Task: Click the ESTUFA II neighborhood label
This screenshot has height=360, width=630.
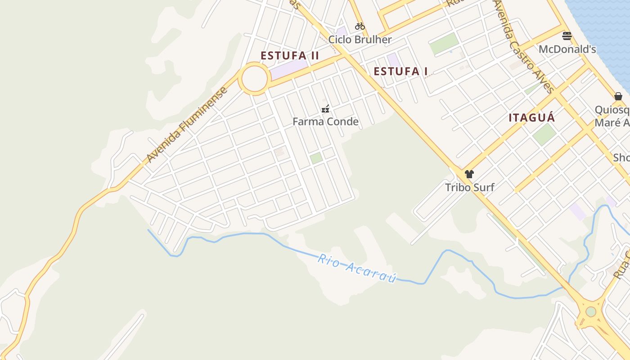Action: pyautogui.click(x=290, y=56)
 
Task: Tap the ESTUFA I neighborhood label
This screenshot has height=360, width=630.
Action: pyautogui.click(x=400, y=72)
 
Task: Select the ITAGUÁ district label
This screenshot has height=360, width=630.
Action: pyautogui.click(x=531, y=118)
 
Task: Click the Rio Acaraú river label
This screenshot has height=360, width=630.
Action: pyautogui.click(x=357, y=268)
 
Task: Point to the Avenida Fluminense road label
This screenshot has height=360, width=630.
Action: pyautogui.click(x=187, y=126)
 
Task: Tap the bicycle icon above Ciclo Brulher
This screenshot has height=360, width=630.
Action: pyautogui.click(x=360, y=26)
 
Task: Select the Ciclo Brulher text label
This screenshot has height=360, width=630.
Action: pyautogui.click(x=360, y=40)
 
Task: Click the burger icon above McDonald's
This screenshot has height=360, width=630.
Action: pyautogui.click(x=567, y=36)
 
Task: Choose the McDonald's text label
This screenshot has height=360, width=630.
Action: pyautogui.click(x=567, y=49)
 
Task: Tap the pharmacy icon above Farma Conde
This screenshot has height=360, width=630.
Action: pyautogui.click(x=325, y=108)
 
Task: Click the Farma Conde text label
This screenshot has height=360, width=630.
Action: pyautogui.click(x=325, y=121)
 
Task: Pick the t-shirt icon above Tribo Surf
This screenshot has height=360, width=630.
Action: pyautogui.click(x=469, y=174)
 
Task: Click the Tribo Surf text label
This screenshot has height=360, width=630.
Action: pyautogui.click(x=469, y=187)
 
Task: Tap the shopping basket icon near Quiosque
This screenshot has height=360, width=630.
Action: pyautogui.click(x=618, y=96)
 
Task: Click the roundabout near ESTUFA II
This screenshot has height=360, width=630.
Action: pyautogui.click(x=255, y=79)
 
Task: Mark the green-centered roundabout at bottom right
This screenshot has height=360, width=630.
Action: pyautogui.click(x=590, y=311)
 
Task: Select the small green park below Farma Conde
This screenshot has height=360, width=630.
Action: pyautogui.click(x=316, y=158)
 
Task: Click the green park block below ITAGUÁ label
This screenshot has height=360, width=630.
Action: pyautogui.click(x=544, y=134)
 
